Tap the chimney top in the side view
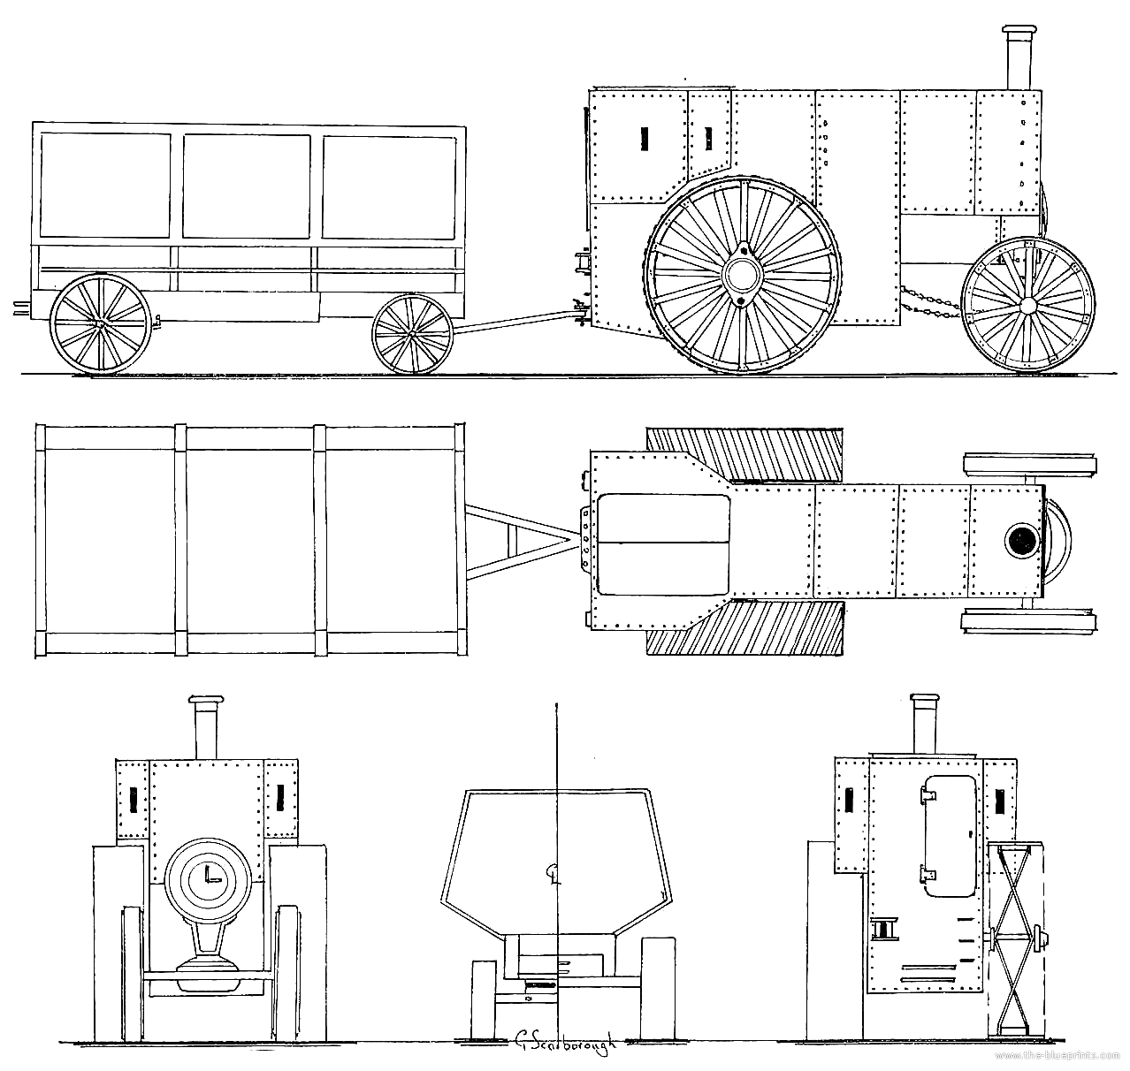pyautogui.click(x=1018, y=34)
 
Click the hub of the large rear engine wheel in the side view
pyautogui.click(x=739, y=274)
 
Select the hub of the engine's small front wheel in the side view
pyautogui.click(x=1027, y=305)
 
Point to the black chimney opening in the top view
pyautogui.click(x=1021, y=540)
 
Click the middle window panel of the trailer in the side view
pyautogui.click(x=247, y=186)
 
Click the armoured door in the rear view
pyautogui.click(x=948, y=835)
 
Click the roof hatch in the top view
pyautogui.click(x=663, y=543)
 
